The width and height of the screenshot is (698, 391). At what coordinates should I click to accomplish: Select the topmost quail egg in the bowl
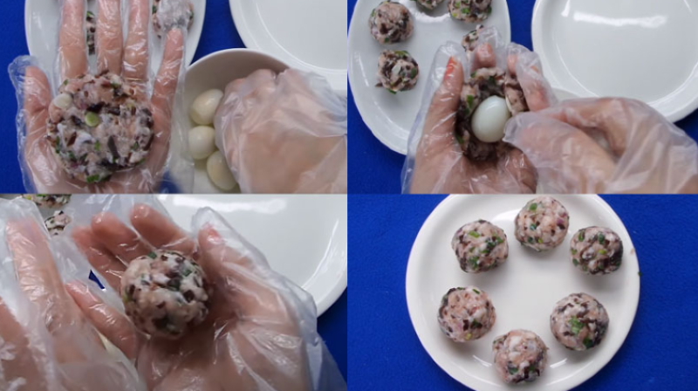[207, 106]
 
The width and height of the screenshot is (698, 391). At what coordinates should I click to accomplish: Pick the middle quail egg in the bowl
[202, 141]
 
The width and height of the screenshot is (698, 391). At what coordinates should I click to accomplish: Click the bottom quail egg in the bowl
[221, 170]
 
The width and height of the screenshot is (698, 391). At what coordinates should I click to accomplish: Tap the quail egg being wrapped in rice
[490, 119]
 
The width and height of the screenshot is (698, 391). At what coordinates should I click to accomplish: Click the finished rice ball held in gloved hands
[165, 293]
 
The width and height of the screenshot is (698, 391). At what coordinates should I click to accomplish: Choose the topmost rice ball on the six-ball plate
[541, 223]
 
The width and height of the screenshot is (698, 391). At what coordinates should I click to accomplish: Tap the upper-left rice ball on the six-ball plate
[480, 245]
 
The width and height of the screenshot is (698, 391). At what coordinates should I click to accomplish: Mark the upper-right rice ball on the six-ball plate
[597, 250]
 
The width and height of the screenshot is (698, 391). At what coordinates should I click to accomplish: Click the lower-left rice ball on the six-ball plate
[466, 313]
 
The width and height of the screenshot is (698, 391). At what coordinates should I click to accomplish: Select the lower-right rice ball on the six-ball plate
[578, 320]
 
